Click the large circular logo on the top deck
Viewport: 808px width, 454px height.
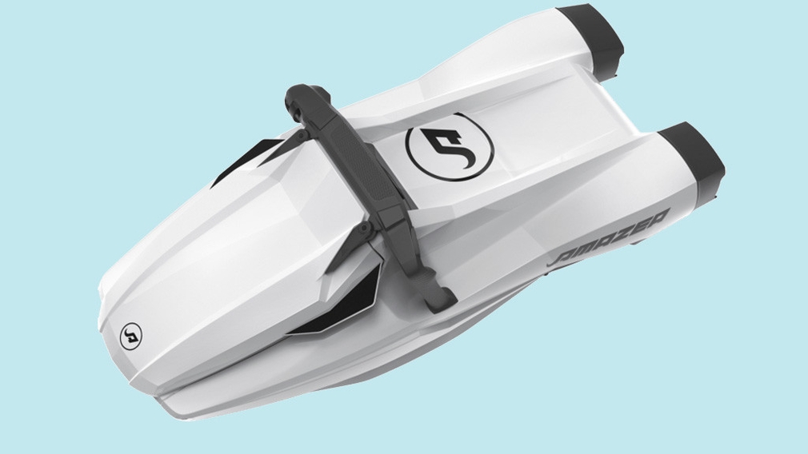450,149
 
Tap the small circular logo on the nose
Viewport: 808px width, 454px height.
131,334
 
